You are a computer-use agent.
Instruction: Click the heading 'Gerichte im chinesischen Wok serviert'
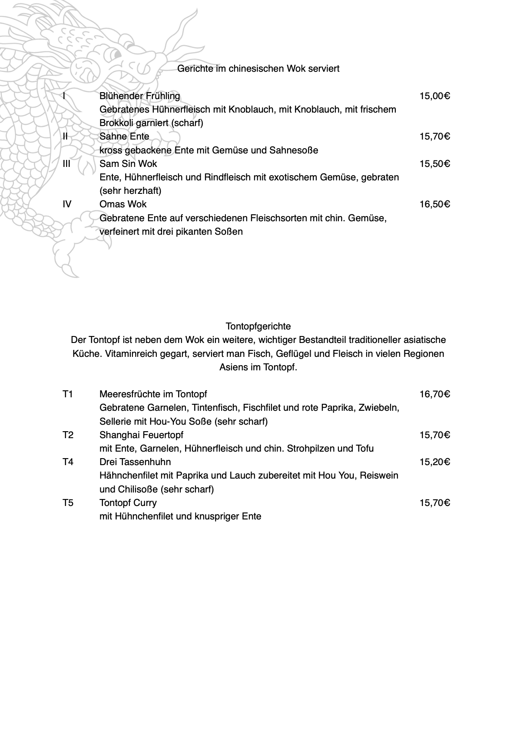[x=258, y=69]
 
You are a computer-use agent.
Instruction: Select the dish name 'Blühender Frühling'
[x=139, y=96]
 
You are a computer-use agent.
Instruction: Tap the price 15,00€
[x=434, y=96]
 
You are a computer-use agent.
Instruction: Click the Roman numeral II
[x=65, y=136]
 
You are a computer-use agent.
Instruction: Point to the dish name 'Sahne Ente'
[x=124, y=136]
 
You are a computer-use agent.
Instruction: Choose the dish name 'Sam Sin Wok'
[x=128, y=164]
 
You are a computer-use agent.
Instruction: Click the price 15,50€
[x=434, y=164]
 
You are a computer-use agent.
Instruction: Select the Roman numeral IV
[x=67, y=204]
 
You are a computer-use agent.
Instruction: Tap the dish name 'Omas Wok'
[x=123, y=204]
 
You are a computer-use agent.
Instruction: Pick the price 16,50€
[x=434, y=204]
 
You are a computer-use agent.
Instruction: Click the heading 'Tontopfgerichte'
[x=258, y=326]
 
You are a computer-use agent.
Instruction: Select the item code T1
[x=68, y=394]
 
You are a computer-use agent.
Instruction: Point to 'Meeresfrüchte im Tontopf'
[x=153, y=394]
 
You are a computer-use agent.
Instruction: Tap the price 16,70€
[x=434, y=394]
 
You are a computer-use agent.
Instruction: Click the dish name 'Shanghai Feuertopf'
[x=141, y=435]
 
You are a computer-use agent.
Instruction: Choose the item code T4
[x=68, y=462]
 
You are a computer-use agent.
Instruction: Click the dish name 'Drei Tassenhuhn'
[x=135, y=462]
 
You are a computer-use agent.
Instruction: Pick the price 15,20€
[x=434, y=462]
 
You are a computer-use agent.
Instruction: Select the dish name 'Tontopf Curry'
[x=128, y=503]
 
